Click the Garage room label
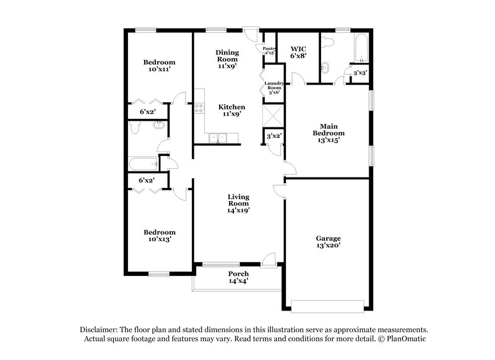(x=329, y=238)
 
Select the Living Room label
(x=238, y=200)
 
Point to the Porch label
(x=238, y=273)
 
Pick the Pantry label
(x=269, y=49)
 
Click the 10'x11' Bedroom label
(x=159, y=62)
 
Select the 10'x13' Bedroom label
(x=159, y=233)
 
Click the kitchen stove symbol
(x=199, y=109)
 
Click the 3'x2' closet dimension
(x=274, y=135)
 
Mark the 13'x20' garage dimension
(x=329, y=246)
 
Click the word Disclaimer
(x=101, y=330)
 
